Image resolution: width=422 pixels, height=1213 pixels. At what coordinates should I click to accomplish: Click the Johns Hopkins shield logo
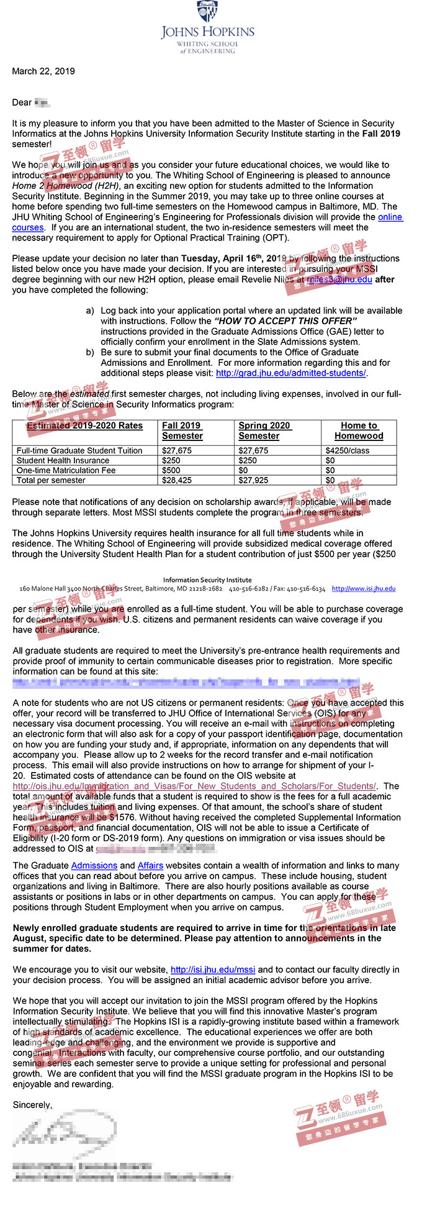[207, 11]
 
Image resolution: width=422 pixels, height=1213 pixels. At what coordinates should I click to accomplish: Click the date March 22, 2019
[43, 71]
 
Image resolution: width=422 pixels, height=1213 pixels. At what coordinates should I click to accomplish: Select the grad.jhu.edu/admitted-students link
[291, 373]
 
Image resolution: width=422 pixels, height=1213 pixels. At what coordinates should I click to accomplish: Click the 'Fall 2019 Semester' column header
[182, 430]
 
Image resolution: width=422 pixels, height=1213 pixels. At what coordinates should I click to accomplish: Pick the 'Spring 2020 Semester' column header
[264, 430]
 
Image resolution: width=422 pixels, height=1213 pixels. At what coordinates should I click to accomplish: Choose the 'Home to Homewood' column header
[359, 430]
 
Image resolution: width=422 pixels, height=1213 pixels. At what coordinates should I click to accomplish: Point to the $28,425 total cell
[177, 480]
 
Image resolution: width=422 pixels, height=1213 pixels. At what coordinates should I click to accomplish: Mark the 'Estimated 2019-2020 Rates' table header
[84, 425]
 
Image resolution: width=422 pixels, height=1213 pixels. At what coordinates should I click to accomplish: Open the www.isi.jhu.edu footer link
[363, 588]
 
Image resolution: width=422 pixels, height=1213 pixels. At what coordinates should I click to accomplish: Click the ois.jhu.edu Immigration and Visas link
[194, 786]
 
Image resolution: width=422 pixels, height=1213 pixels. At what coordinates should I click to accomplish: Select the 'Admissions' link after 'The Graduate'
[94, 865]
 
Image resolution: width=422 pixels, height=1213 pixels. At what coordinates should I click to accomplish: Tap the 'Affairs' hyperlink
[150, 865]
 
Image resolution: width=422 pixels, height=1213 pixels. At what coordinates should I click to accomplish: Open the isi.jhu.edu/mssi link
[213, 970]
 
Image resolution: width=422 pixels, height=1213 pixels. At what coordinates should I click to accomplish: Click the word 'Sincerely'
[32, 1105]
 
